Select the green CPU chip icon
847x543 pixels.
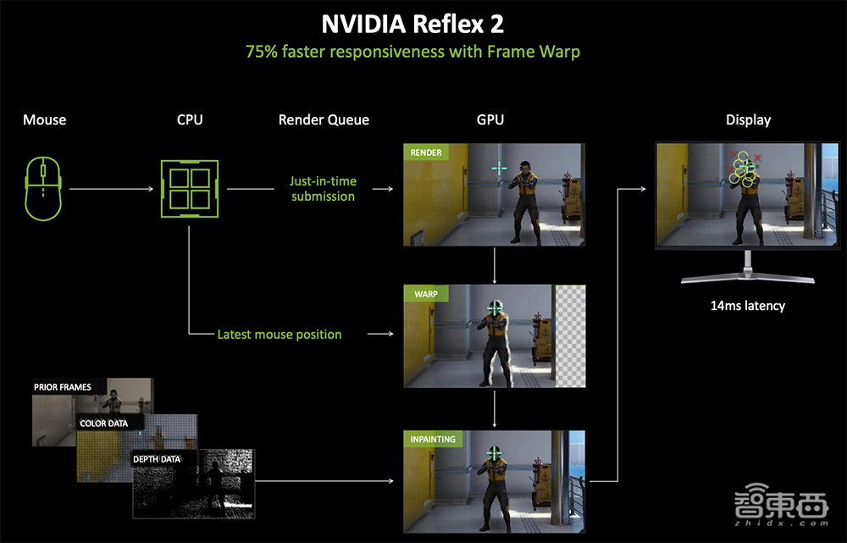(190, 189)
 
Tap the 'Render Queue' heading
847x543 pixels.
(324, 120)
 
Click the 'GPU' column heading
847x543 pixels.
(490, 119)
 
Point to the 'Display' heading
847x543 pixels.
(748, 120)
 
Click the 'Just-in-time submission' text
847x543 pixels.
(323, 189)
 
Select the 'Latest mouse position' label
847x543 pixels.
(280, 335)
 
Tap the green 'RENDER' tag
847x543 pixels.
(426, 152)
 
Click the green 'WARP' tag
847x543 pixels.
(426, 294)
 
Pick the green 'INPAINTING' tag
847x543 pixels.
(433, 439)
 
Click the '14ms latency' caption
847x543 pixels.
(748, 306)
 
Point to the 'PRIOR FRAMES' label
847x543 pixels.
(63, 387)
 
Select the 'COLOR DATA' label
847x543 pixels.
(103, 423)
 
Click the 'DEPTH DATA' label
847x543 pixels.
(157, 459)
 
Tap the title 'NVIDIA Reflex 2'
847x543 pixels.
(412, 24)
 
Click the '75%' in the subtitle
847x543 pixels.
(262, 52)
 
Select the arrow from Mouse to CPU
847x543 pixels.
(112, 189)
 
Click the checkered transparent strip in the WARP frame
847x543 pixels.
(570, 336)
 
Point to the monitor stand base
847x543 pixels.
(748, 278)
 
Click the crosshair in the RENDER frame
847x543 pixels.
(499, 168)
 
